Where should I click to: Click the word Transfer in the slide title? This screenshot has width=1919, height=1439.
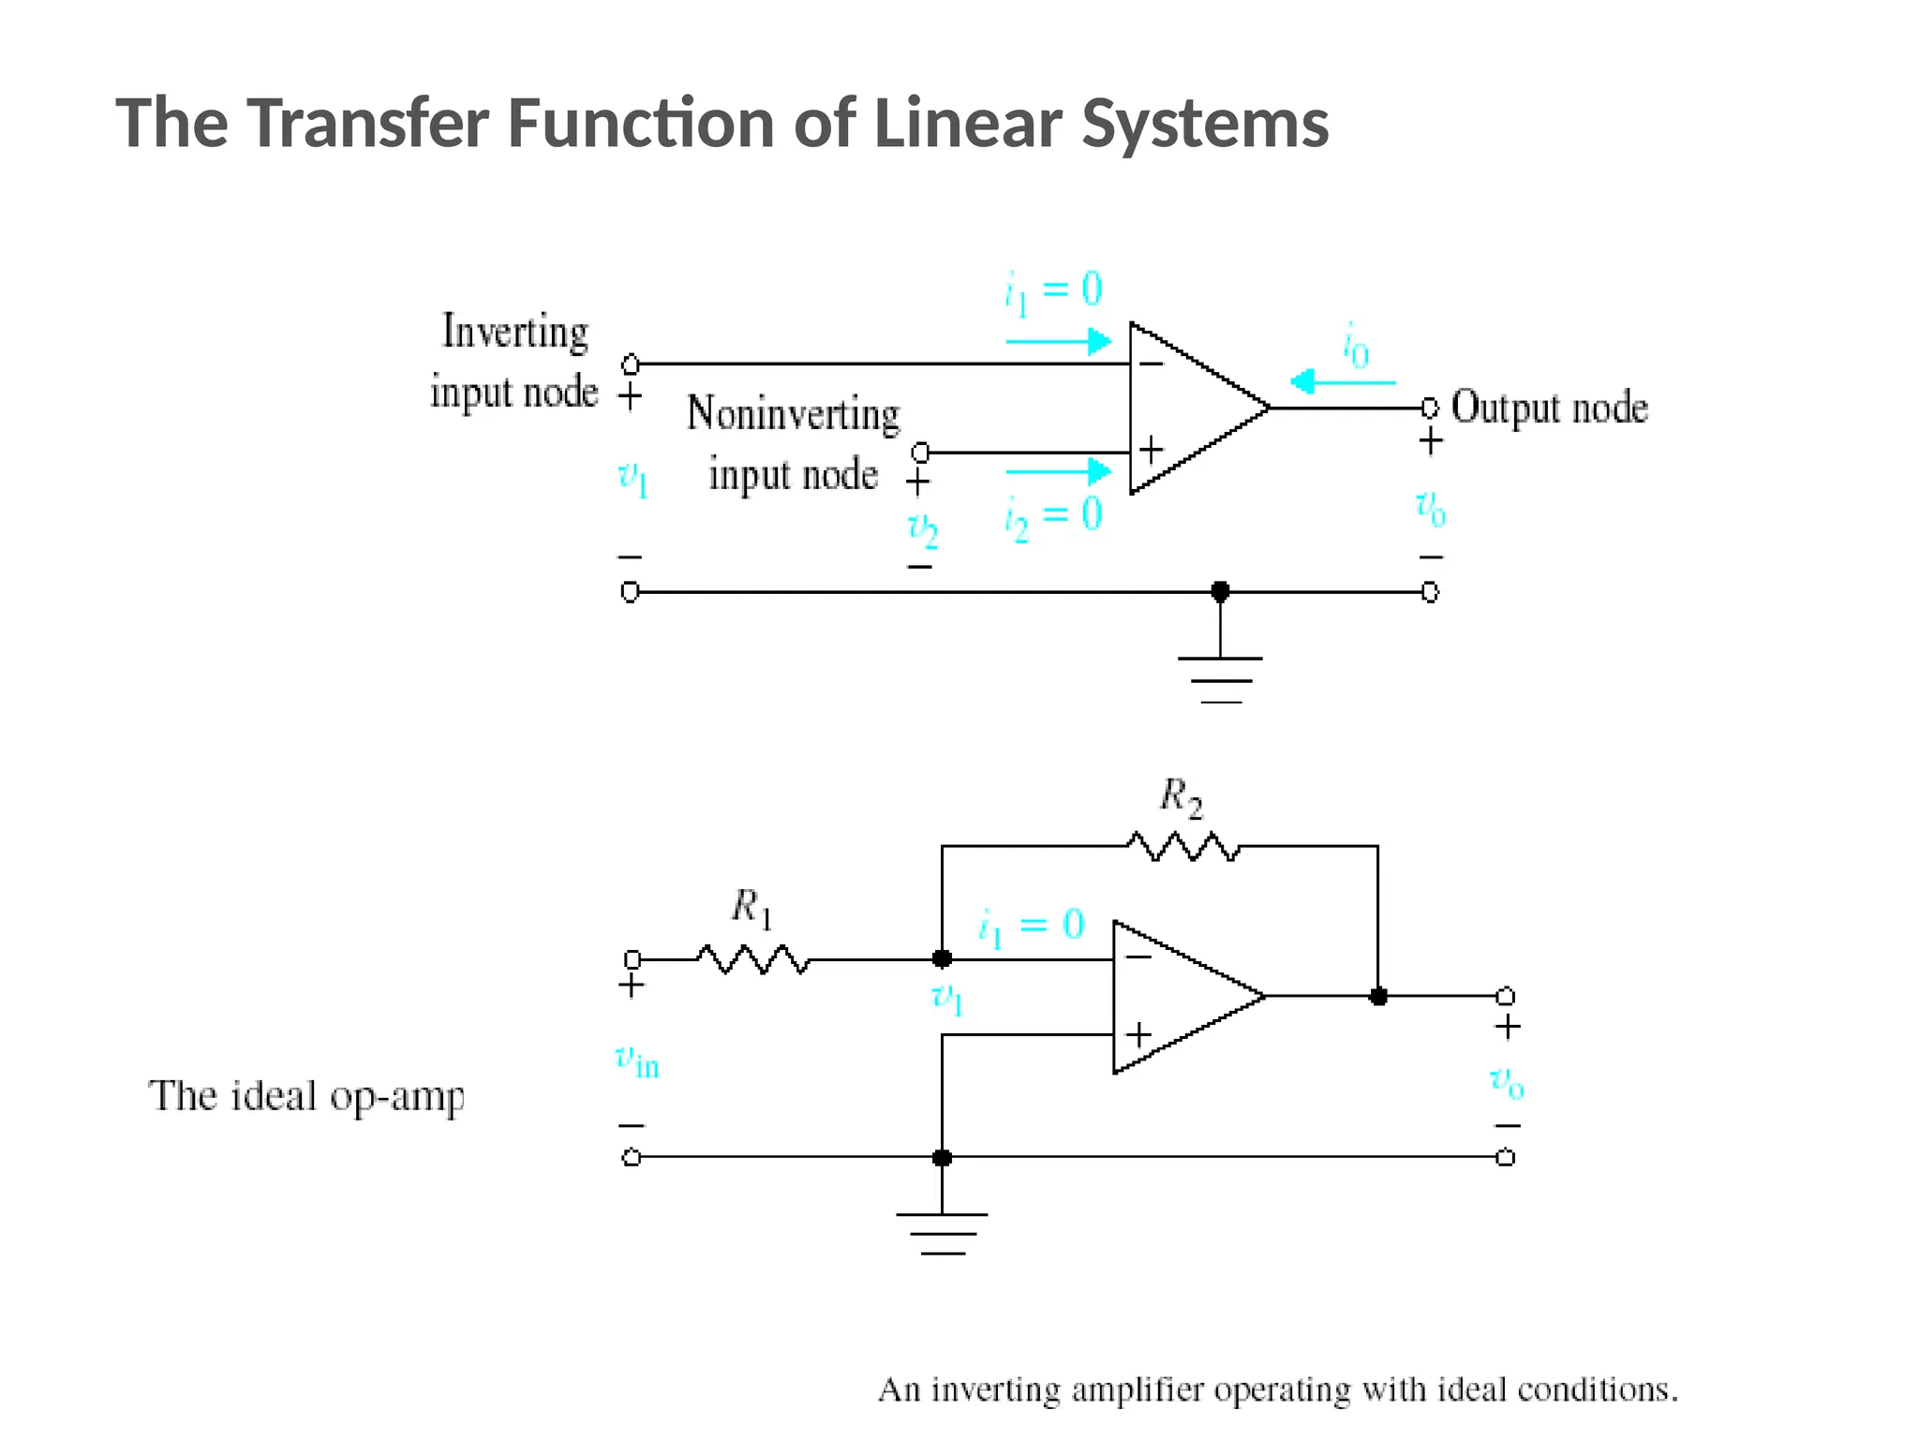coord(367,123)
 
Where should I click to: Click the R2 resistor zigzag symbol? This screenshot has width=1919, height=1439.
coord(1183,847)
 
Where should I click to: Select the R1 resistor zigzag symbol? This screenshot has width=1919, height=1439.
coord(752,959)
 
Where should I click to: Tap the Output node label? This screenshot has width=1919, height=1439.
coord(1549,408)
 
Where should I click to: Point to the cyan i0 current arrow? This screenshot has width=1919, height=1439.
coord(1342,382)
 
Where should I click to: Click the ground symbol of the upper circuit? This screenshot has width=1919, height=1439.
coord(1220,678)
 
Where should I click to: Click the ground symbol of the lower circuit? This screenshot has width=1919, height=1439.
coord(942,1233)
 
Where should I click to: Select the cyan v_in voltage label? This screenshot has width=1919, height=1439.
coord(637,1061)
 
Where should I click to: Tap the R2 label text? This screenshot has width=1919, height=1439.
coord(1180,797)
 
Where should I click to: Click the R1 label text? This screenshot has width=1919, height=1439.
coord(751,908)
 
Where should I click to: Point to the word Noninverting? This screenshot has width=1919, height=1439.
coord(793,414)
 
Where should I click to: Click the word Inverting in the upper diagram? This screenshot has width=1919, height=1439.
coord(515,332)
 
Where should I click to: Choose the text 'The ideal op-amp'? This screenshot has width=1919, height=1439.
coord(305,1096)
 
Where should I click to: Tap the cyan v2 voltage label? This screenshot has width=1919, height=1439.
coord(922,530)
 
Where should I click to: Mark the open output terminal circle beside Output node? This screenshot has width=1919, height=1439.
coord(1429,408)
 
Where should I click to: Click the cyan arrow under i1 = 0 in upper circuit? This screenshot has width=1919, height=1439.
coord(1058,341)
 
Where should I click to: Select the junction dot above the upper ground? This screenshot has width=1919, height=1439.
coord(1220,592)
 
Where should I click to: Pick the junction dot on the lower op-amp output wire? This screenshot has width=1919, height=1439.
coord(1377,996)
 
